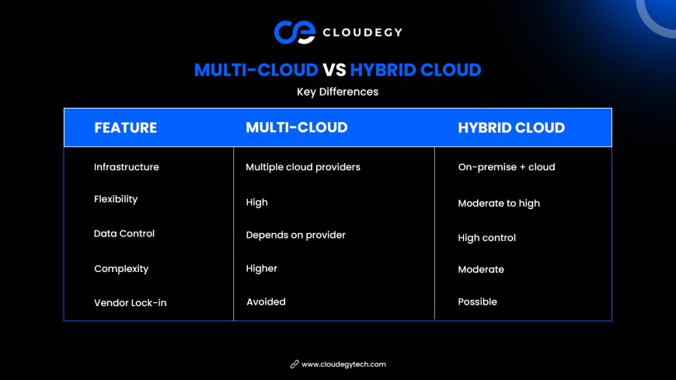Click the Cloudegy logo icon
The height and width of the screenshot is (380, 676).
[295, 32]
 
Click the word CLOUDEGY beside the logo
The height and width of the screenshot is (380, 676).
[362, 33]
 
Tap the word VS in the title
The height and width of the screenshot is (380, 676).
[334, 70]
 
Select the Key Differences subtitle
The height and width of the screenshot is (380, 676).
[337, 92]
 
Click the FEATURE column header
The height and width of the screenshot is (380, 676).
[125, 127]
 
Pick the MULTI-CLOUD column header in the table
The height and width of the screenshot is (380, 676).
[297, 127]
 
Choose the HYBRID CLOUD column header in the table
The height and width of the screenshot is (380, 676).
[511, 127]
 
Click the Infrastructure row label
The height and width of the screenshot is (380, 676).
[127, 167]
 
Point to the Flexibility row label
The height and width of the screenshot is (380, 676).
[116, 199]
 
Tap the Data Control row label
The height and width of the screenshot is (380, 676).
[124, 233]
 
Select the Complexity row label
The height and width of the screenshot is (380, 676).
[121, 269]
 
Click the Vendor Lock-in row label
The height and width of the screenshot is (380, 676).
[131, 303]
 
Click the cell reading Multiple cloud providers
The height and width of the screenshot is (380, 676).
[303, 167]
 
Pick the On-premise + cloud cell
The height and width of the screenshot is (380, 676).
[507, 167]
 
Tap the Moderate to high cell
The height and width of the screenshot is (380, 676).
[499, 204]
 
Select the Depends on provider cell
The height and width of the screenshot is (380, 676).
[296, 235]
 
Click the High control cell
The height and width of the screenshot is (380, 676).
[486, 238]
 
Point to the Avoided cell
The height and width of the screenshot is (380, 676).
[266, 302]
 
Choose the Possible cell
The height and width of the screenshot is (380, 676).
[477, 302]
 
